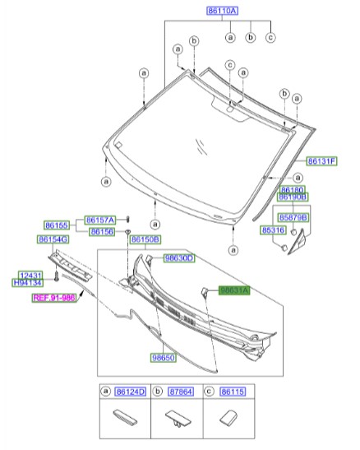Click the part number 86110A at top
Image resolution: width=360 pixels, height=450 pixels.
click(222, 12)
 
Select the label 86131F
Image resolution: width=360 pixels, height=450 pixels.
click(322, 161)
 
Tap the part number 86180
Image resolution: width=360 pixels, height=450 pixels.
click(293, 189)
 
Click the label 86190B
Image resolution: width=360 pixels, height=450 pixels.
click(293, 197)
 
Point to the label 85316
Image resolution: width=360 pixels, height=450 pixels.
click(275, 230)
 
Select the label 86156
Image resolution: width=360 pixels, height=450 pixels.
click(102, 232)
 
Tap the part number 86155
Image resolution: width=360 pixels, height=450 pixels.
click(57, 225)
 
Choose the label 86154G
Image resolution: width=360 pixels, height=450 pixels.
click(51, 239)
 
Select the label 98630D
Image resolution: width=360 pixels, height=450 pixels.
click(178, 258)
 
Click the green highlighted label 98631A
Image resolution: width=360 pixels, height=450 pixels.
click(233, 290)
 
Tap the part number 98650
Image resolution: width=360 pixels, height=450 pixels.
click(163, 358)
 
